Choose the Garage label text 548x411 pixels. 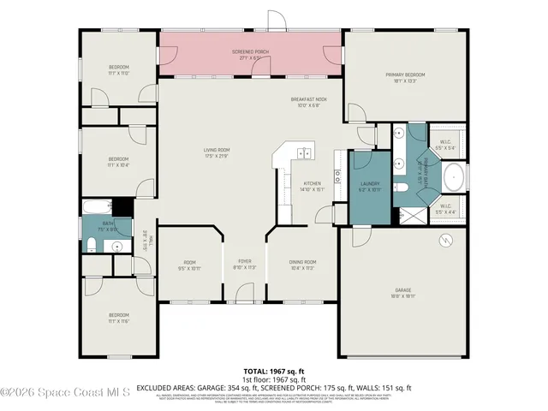(x=403, y=290)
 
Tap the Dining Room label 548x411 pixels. (x=304, y=264)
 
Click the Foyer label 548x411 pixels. (x=245, y=264)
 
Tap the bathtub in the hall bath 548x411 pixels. (x=96, y=206)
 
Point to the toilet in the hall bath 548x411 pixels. (x=91, y=247)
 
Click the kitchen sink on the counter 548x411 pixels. (x=304, y=153)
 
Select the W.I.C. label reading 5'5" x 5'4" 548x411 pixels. (x=445, y=145)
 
